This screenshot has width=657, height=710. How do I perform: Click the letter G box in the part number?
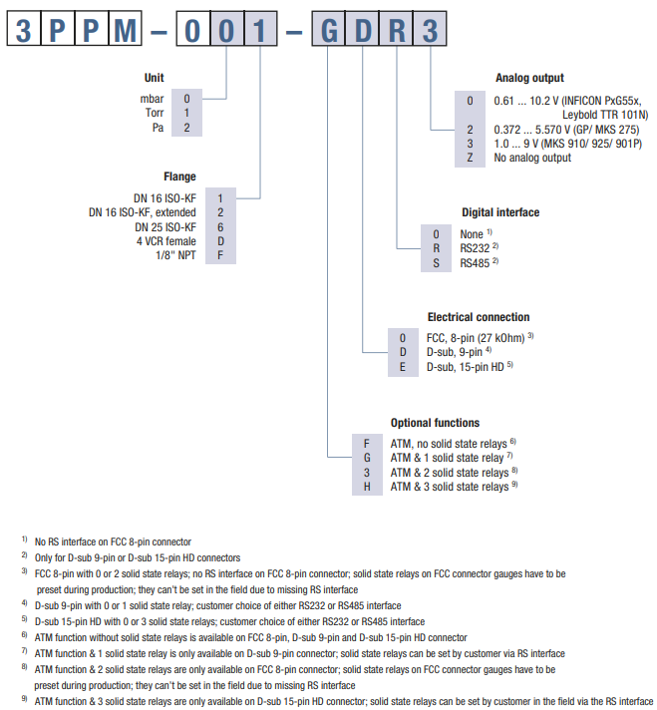329,30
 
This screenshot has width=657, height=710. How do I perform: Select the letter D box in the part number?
363,30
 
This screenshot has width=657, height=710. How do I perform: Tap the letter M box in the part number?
126,30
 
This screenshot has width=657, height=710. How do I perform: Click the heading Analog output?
529,78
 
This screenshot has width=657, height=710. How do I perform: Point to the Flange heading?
179,177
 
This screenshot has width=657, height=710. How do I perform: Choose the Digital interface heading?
500,212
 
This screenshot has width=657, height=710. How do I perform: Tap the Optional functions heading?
435,423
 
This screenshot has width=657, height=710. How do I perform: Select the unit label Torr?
153,113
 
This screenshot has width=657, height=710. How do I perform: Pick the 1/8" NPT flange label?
172,256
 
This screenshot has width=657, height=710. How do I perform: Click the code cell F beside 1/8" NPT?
220,256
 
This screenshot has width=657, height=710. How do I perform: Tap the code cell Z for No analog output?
470,158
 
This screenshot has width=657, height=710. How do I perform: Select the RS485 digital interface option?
476,263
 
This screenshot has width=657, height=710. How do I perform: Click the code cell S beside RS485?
436,263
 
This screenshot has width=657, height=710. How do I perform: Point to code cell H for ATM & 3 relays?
367,487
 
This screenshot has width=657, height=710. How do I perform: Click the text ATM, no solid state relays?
449,442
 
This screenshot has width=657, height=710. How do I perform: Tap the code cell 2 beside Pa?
186,128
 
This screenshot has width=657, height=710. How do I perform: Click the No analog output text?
532,158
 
